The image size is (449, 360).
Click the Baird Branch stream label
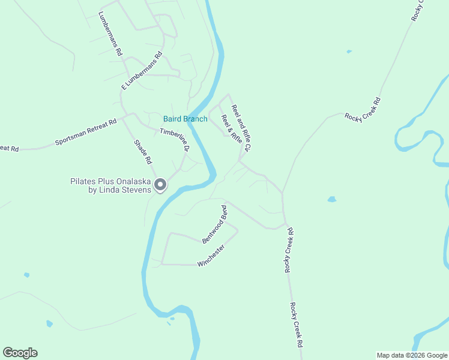click(185, 119)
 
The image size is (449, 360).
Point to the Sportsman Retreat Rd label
click(85, 133)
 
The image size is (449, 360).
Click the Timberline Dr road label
click(175, 140)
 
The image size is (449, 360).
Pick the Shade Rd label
click(143, 152)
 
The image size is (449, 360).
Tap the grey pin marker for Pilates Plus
click(160, 185)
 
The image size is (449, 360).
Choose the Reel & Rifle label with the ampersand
click(232, 129)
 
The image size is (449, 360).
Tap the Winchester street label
click(211, 255)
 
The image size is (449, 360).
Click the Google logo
click(20, 353)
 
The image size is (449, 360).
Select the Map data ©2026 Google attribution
click(412, 355)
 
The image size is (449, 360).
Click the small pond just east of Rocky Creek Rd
click(331, 199)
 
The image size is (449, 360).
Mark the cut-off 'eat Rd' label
click(10, 148)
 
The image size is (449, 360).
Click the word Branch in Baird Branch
click(196, 119)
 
